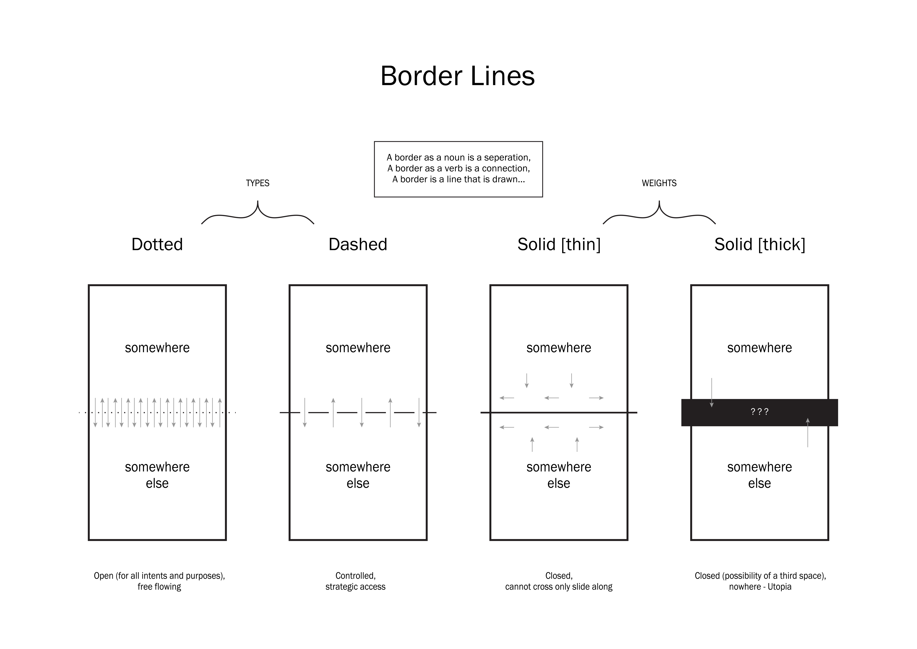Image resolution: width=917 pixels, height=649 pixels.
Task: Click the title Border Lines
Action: tap(458, 76)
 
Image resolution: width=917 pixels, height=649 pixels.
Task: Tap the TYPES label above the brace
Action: tap(258, 183)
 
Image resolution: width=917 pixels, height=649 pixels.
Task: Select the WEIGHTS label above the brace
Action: tap(659, 183)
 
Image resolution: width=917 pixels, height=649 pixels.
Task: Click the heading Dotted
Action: tap(157, 244)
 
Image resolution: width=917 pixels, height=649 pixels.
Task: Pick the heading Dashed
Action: tap(358, 244)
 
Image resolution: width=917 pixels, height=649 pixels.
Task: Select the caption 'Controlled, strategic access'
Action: tap(355, 581)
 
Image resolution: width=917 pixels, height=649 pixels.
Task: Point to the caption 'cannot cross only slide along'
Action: tap(559, 587)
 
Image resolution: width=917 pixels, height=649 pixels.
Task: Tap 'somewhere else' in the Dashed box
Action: tap(358, 475)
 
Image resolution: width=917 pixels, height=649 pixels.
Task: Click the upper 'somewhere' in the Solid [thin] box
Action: tap(559, 348)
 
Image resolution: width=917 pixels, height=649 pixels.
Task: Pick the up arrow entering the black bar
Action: tap(808, 432)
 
